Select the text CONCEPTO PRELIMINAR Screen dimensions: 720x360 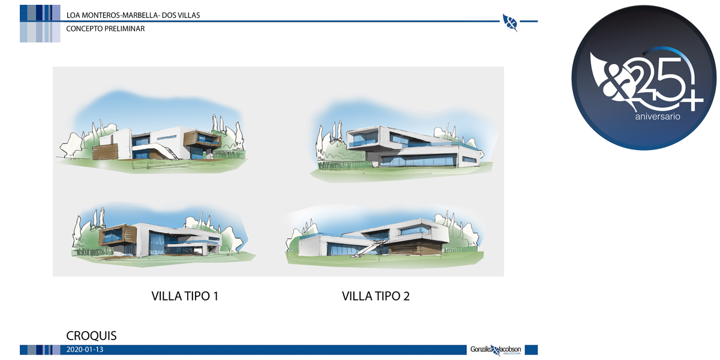[x=106, y=29]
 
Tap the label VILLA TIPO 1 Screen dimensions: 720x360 [x=185, y=296]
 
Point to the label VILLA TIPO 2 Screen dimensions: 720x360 [x=376, y=296]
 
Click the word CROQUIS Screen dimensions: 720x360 [x=91, y=335]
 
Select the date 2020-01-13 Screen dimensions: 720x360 [x=85, y=349]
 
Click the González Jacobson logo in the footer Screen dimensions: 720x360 [x=496, y=350]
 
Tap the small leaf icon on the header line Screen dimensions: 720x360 [x=510, y=23]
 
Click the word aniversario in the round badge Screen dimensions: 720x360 [x=658, y=116]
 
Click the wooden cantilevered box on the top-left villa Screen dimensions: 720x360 [x=202, y=139]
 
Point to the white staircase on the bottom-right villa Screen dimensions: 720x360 [x=367, y=249]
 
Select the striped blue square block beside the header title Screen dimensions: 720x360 [x=40, y=23]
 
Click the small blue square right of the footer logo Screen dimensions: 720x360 [x=531, y=350]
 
